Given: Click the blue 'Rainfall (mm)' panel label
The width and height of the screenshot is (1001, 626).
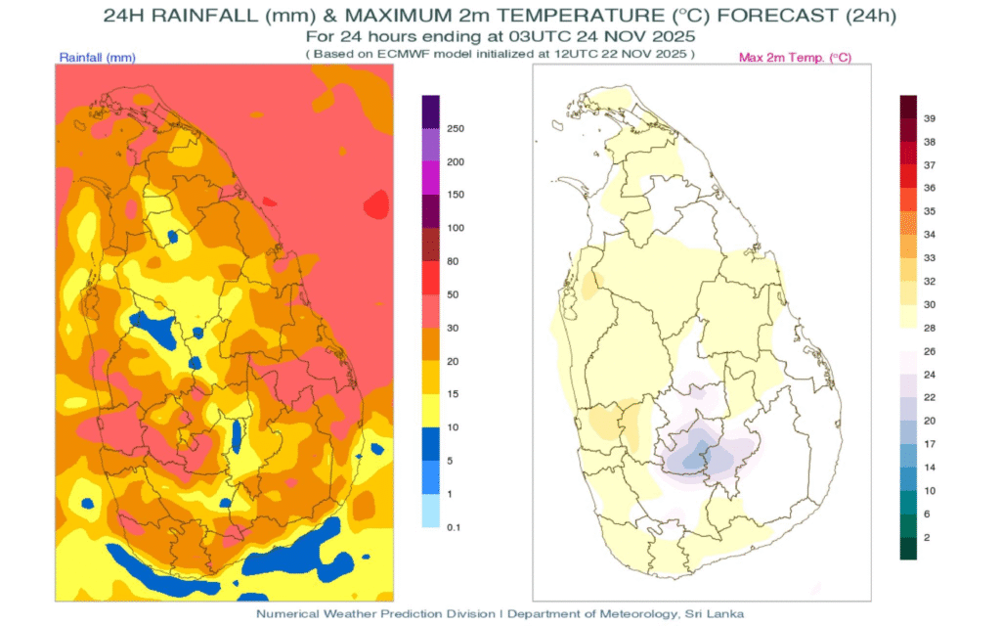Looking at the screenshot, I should tap(97, 59).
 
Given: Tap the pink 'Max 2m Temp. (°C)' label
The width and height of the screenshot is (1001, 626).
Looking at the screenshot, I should tap(795, 59).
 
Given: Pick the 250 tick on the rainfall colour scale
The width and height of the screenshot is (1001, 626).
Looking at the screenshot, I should tap(455, 129).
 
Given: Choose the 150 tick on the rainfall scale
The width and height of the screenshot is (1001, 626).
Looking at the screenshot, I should tap(455, 195).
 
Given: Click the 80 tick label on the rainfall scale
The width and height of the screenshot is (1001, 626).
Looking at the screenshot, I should tap(452, 261).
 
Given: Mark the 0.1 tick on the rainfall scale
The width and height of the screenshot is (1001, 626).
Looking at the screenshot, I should tap(454, 527).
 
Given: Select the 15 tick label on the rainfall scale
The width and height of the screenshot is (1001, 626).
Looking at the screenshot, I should tap(452, 394).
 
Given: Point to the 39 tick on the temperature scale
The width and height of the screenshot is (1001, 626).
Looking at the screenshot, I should tap(930, 118).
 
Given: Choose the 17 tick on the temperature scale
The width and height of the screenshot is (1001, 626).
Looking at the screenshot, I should tap(930, 444).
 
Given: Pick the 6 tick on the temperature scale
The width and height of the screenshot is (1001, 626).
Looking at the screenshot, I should tap(927, 514).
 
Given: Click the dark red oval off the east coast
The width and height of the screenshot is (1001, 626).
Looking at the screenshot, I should tap(374, 205).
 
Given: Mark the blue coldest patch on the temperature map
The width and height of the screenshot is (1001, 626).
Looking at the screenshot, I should tap(694, 452).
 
